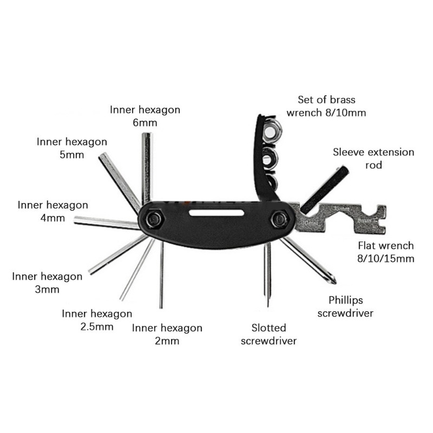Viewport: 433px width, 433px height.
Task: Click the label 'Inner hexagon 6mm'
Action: coord(145,116)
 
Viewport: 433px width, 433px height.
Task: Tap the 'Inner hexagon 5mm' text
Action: coord(72,148)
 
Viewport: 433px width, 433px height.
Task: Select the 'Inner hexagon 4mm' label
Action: coord(53,212)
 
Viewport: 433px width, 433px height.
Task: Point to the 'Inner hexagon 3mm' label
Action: coord(47,283)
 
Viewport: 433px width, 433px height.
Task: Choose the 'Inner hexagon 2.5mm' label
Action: coord(97,320)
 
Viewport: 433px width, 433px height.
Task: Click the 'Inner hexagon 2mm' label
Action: coord(167,334)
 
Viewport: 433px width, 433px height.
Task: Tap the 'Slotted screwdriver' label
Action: coord(269,334)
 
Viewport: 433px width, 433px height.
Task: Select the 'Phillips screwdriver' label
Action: coord(345,306)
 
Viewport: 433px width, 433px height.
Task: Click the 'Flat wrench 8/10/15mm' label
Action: coord(386,252)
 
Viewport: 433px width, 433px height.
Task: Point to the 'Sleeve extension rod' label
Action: coord(373,159)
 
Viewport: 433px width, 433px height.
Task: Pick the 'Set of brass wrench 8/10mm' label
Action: coord(332,106)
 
